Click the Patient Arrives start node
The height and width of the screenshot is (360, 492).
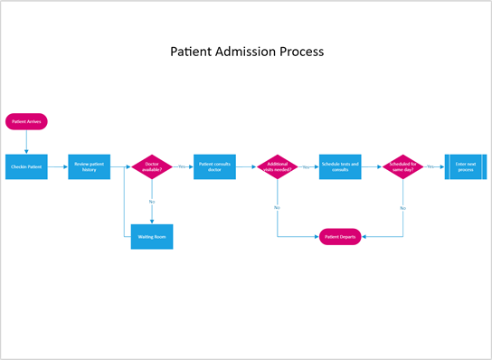[26, 121]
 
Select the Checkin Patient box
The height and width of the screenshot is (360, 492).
[26, 166]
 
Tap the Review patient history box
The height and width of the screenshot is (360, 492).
[90, 166]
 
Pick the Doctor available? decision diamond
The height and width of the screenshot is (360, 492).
[151, 166]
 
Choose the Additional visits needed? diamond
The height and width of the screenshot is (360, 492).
[277, 166]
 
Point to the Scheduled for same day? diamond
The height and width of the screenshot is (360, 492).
[402, 166]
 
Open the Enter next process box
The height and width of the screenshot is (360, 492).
[466, 166]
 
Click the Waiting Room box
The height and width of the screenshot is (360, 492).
[151, 236]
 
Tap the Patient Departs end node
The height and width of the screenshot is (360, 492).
[340, 236]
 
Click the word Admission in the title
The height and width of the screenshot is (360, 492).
[246, 52]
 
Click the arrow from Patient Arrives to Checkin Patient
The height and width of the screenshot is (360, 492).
[26, 141]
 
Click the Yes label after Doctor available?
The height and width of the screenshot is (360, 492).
[182, 166]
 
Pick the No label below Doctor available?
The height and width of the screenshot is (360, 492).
[151, 201]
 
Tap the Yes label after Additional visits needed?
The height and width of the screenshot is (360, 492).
[307, 166]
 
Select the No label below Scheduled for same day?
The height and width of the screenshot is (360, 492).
[402, 208]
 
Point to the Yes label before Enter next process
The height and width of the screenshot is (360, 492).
[431, 166]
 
